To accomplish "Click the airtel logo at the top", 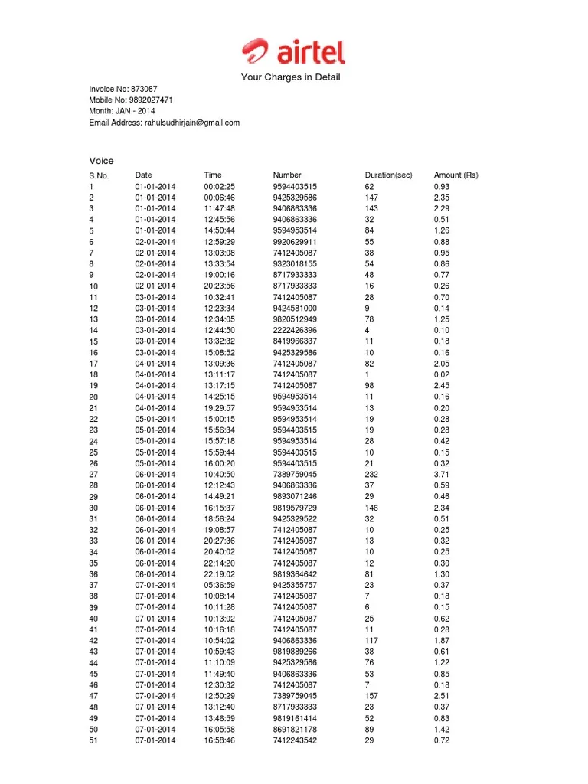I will pyautogui.click(x=293, y=52).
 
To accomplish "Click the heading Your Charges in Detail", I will pyautogui.click(x=290, y=77).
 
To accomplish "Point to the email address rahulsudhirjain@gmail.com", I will pyautogui.click(x=191, y=122).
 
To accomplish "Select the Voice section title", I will pyautogui.click(x=101, y=161).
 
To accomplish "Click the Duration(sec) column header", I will pyautogui.click(x=388, y=175).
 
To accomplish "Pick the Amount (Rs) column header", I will pyautogui.click(x=456, y=175).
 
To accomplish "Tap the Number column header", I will pyautogui.click(x=287, y=175).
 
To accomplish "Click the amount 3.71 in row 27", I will pyautogui.click(x=442, y=475).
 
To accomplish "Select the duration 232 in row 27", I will pyautogui.click(x=371, y=475).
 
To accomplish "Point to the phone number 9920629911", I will pyautogui.click(x=295, y=242).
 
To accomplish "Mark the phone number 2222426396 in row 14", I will pyautogui.click(x=295, y=331).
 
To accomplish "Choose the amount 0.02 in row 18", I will pyautogui.click(x=442, y=375).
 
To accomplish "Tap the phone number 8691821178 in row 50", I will pyautogui.click(x=295, y=730).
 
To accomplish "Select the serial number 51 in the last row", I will pyautogui.click(x=93, y=741).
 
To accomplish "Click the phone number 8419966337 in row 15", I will pyautogui.click(x=295, y=341).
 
